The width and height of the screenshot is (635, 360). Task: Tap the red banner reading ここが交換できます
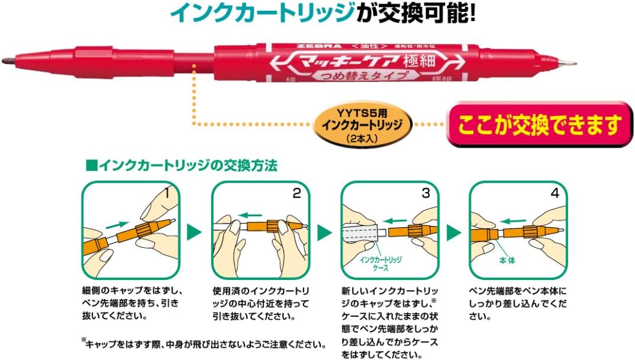539,125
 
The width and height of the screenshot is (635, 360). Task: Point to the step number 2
296,193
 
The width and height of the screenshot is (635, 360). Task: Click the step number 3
425,193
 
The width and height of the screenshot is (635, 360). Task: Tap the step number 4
554,193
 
